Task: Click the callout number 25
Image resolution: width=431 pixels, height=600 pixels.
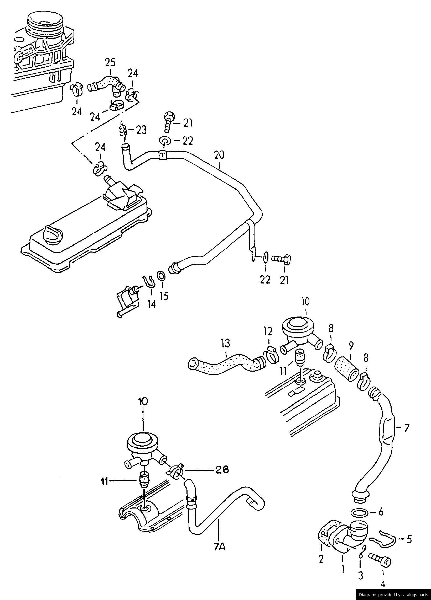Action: click(x=110, y=63)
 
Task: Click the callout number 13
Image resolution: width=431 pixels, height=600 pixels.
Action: click(x=226, y=344)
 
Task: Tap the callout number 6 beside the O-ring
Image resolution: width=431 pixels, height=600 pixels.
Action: click(x=381, y=512)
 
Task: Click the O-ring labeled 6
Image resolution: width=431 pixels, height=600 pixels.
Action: click(x=360, y=513)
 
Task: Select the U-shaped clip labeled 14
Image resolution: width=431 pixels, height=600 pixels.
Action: click(x=149, y=281)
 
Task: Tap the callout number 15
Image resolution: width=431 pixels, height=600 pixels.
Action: click(x=164, y=296)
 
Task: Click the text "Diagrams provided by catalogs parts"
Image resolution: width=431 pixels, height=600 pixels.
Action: click(x=393, y=595)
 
